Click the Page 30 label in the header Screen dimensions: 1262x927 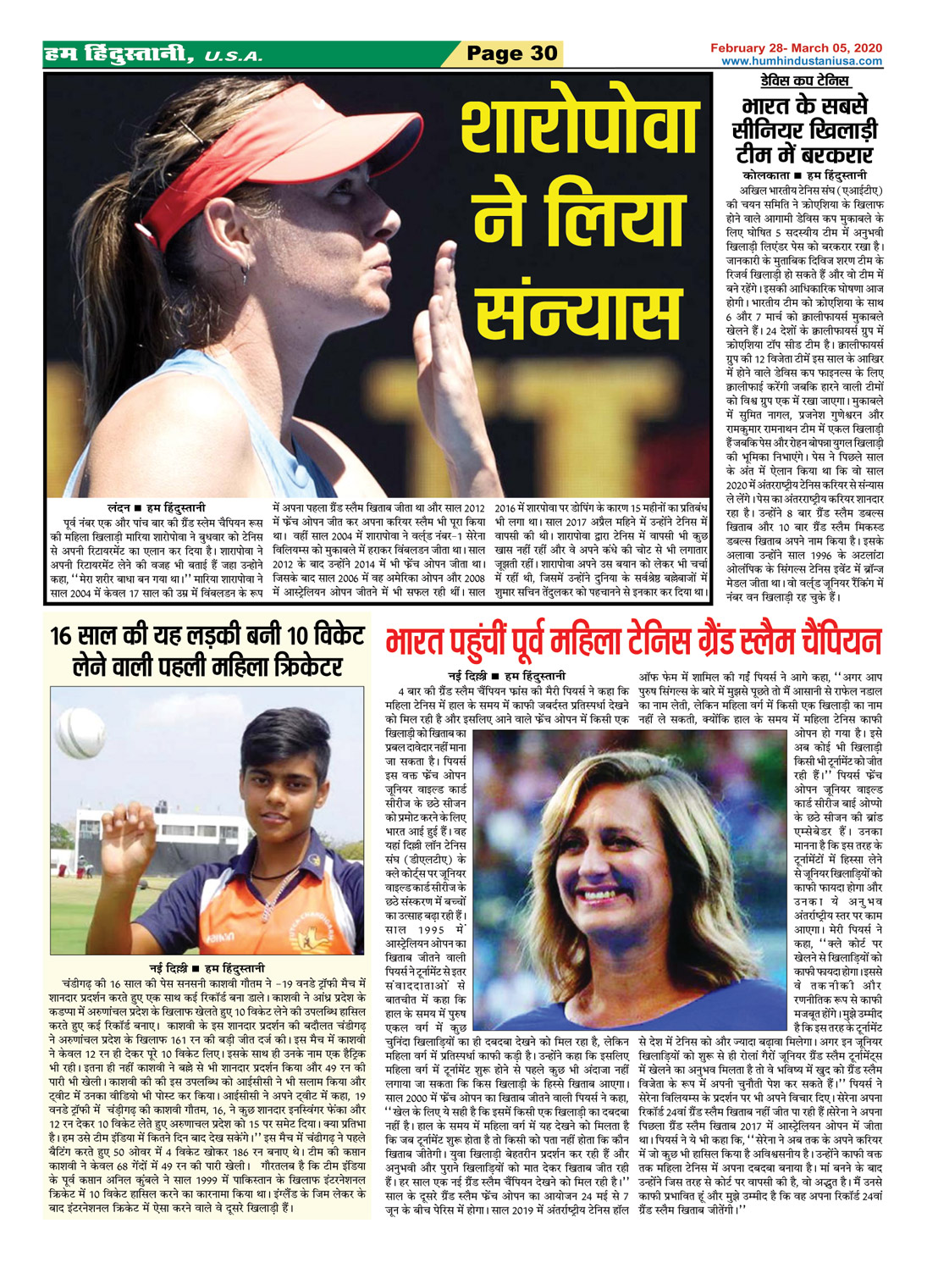(512, 53)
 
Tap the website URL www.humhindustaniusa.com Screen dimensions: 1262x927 (801, 61)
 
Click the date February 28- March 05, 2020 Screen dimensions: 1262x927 (797, 48)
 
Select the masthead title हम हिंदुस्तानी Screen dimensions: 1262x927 (118, 56)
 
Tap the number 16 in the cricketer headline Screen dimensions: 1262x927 (64, 636)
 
